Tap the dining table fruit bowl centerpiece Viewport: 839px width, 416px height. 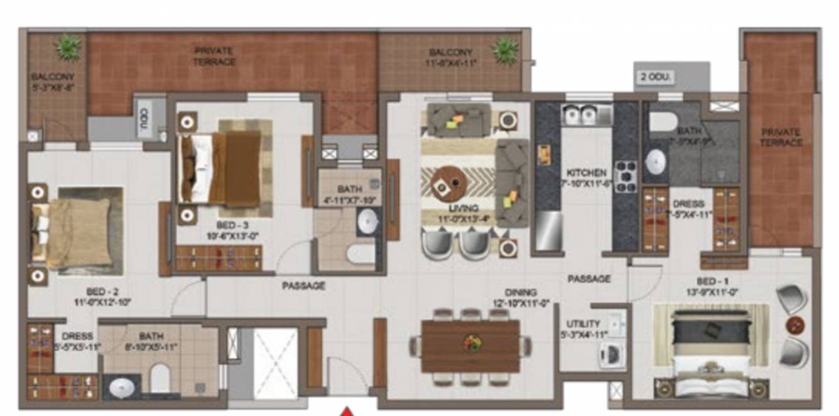pos(471,343)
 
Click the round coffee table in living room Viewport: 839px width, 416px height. pos(448,182)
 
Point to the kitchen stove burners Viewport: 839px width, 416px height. pos(625,176)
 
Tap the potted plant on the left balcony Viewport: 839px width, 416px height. pos(68,47)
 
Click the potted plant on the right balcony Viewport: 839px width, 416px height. pos(506,48)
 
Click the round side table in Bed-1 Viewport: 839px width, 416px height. pos(795,326)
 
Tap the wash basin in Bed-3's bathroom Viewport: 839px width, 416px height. pos(367,221)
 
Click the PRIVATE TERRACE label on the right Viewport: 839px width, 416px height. pos(781,137)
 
